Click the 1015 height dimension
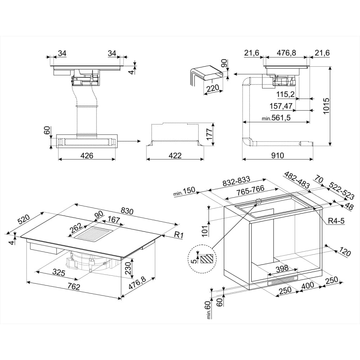click(326, 106)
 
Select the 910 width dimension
click(277, 156)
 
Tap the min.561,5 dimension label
click(276, 118)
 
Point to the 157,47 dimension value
click(281, 106)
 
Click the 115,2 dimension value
click(285, 94)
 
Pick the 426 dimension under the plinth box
click(87, 156)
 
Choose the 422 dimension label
click(175, 156)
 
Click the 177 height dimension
click(210, 134)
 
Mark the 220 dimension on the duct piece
click(213, 88)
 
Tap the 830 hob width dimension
click(127, 211)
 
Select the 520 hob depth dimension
click(24, 219)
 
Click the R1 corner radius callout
click(179, 235)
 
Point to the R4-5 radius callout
click(336, 221)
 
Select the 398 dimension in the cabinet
click(282, 268)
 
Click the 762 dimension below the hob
click(73, 286)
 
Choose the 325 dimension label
click(59, 272)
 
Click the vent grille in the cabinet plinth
click(283, 280)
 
